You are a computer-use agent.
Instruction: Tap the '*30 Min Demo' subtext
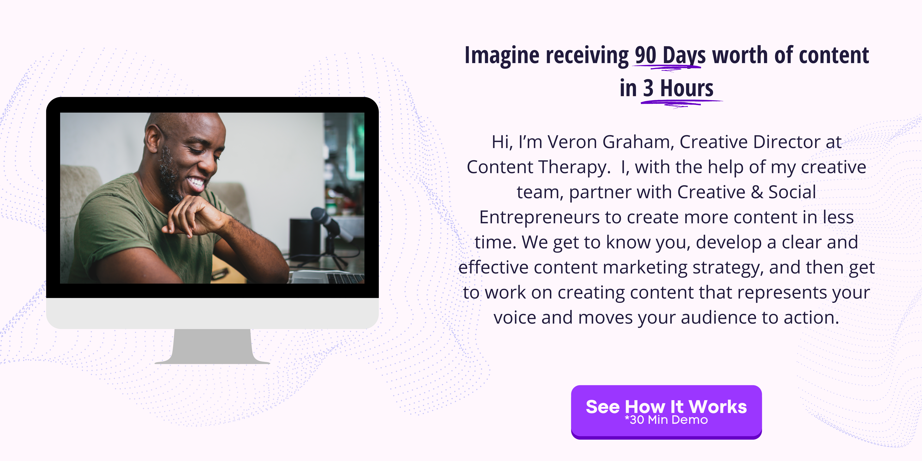click(x=666, y=420)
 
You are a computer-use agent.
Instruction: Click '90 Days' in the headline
click(x=670, y=56)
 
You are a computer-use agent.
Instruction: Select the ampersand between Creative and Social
click(x=757, y=192)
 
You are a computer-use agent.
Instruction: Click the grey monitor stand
click(x=212, y=346)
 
